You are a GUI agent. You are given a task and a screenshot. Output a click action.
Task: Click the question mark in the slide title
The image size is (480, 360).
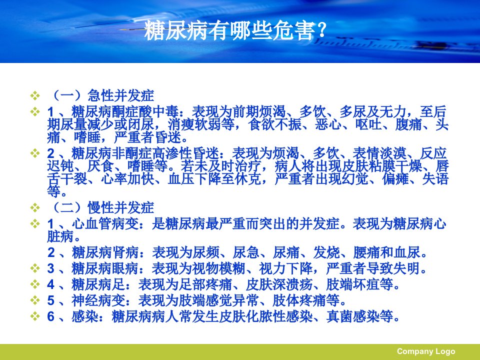(x=321, y=30)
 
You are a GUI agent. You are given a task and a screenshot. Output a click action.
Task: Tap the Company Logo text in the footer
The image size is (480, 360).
(x=426, y=351)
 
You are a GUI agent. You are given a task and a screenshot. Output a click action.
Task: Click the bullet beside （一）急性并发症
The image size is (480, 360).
(x=35, y=95)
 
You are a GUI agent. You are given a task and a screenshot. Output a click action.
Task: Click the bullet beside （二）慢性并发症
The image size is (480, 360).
(x=35, y=208)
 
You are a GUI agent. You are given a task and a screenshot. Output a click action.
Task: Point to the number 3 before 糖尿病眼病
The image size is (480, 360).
(x=51, y=269)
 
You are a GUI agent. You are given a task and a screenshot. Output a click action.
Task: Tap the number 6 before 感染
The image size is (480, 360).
(x=51, y=316)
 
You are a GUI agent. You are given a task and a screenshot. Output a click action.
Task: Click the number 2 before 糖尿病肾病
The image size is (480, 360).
(x=51, y=252)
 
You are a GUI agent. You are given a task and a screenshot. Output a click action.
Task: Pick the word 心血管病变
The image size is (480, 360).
(x=105, y=224)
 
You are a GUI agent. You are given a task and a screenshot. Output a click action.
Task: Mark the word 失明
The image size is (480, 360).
(x=407, y=269)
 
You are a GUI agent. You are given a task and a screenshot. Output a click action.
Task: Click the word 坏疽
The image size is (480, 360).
(x=366, y=284)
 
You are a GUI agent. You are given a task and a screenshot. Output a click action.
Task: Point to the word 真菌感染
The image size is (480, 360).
(x=353, y=316)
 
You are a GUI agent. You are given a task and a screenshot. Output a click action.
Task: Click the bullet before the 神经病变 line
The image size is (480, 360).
(x=35, y=300)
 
